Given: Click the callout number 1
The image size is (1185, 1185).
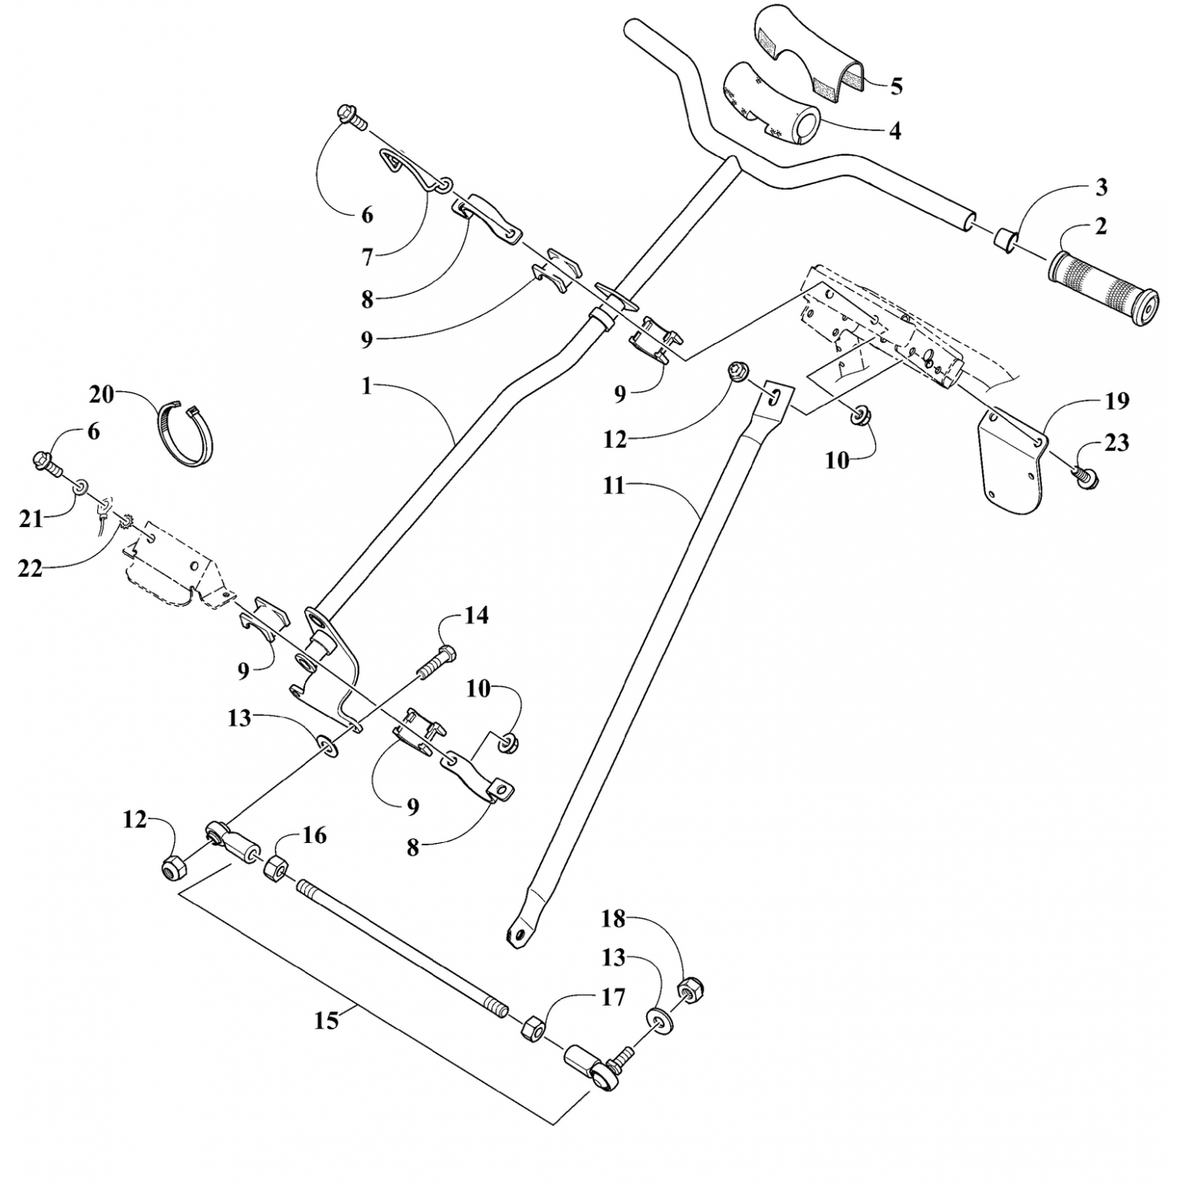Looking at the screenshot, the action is point(366,386).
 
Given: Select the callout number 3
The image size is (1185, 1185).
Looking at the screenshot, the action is point(1101,187).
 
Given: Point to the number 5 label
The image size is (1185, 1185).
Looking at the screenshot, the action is point(895,86).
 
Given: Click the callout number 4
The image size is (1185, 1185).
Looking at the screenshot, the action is point(894,130).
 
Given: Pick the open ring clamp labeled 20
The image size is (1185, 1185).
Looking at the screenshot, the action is point(188,434).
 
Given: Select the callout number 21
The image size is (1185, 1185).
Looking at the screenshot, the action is point(31,518).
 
